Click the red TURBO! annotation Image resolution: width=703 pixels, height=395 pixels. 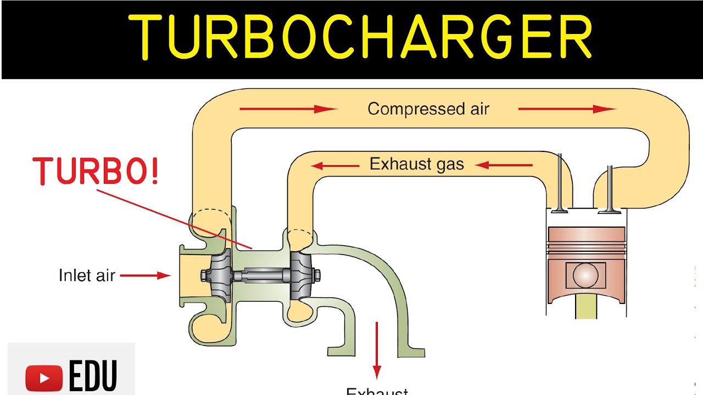(x=97, y=171)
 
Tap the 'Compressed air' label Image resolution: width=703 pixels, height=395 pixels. (x=428, y=109)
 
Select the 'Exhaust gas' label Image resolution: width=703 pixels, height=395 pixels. (x=416, y=164)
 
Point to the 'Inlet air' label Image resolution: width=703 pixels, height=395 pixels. (x=87, y=275)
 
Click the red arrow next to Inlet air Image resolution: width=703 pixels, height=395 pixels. (x=146, y=275)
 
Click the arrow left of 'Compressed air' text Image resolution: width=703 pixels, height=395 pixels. (x=288, y=109)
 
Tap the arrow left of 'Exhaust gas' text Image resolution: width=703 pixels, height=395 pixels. (x=336, y=165)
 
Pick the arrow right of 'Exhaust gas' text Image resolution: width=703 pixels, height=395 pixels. (x=504, y=165)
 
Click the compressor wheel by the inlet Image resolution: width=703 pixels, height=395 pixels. (x=217, y=273)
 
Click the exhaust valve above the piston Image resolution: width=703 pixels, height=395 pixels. (x=560, y=187)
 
